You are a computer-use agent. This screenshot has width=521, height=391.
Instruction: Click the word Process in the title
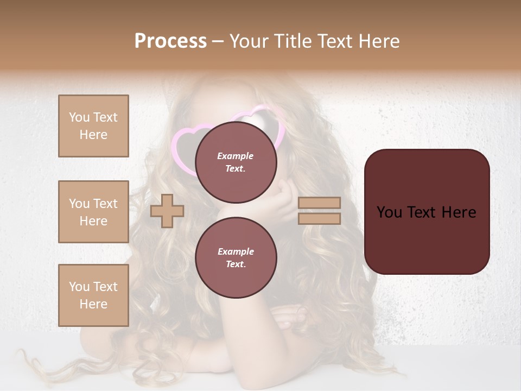[x=170, y=41]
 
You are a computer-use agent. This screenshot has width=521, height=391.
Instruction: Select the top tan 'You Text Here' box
[x=93, y=126]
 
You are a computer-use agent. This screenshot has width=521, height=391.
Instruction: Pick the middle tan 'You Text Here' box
[x=93, y=212]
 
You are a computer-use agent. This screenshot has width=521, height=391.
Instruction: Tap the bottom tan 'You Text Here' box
[x=93, y=295]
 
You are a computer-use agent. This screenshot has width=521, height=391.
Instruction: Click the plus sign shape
[x=167, y=211]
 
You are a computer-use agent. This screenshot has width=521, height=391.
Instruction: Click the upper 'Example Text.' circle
[x=236, y=162]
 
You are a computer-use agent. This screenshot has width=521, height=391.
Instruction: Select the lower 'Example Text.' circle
[x=236, y=257]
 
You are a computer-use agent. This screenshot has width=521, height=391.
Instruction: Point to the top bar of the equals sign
[x=319, y=203]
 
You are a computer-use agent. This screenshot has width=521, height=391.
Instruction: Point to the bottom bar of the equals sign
[x=319, y=218]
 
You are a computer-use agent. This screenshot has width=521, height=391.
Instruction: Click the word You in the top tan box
[x=79, y=117]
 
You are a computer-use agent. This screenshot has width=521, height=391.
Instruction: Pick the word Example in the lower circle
[x=236, y=251]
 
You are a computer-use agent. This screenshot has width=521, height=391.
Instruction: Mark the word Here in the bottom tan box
[x=93, y=304]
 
